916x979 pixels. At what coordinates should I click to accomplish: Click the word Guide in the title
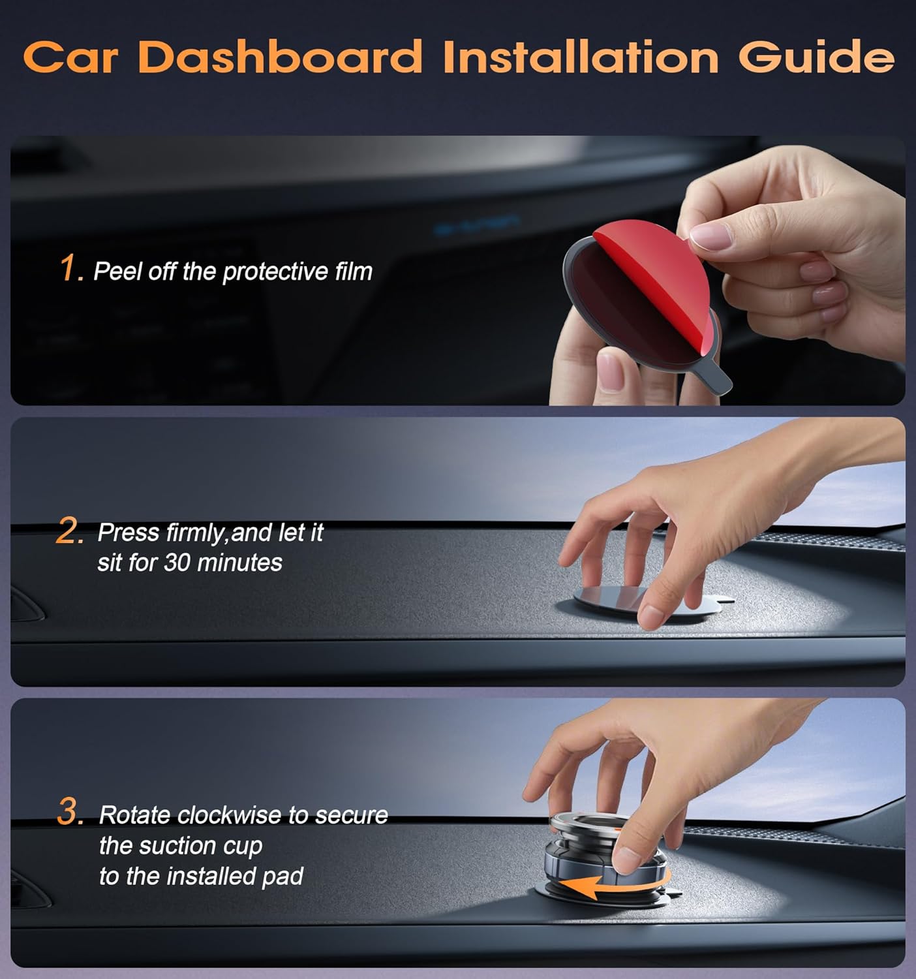(x=816, y=57)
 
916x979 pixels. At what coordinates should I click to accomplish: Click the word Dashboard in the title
(x=281, y=57)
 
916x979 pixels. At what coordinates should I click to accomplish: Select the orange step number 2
(x=69, y=532)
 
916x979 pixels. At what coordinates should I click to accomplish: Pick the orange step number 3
(x=70, y=813)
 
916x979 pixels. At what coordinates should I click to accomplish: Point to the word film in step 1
(x=353, y=271)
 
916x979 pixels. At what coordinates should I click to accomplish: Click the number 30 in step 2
(x=176, y=563)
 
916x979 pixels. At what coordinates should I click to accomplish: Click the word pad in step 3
(x=282, y=876)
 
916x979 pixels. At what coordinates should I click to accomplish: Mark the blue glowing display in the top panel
(x=477, y=225)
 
